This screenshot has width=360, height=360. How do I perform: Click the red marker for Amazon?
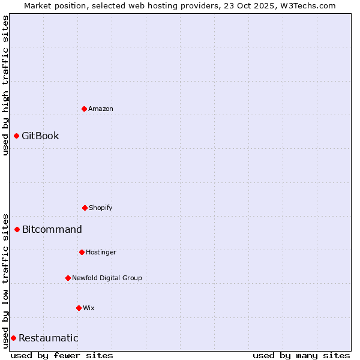[x=84, y=109]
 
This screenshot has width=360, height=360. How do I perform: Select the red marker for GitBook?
[x=16, y=136]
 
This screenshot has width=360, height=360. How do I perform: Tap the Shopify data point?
[x=85, y=208]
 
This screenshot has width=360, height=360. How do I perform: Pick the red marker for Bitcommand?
[x=17, y=229]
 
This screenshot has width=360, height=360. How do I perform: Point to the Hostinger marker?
[x=82, y=252]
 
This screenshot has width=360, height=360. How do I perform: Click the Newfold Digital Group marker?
[x=68, y=278]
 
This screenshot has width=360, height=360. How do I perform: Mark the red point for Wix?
[x=79, y=308]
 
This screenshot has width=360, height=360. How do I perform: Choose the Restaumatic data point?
[x=13, y=338]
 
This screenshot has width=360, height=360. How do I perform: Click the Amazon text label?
[x=101, y=109]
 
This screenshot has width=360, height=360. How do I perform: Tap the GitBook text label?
[x=40, y=136]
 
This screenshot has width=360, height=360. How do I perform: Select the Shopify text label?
[x=101, y=208]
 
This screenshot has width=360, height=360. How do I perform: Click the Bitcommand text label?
[x=52, y=229]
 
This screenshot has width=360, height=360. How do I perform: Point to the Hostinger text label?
[x=101, y=252]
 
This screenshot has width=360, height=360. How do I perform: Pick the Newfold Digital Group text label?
[x=107, y=278]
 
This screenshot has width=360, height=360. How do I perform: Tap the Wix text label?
[x=89, y=308]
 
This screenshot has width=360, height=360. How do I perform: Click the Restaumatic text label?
[x=49, y=338]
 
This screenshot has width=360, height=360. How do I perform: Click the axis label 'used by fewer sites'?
[x=62, y=355]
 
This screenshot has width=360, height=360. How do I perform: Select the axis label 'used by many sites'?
[x=301, y=355]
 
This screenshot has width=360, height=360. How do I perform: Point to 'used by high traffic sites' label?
[x=5, y=85]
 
